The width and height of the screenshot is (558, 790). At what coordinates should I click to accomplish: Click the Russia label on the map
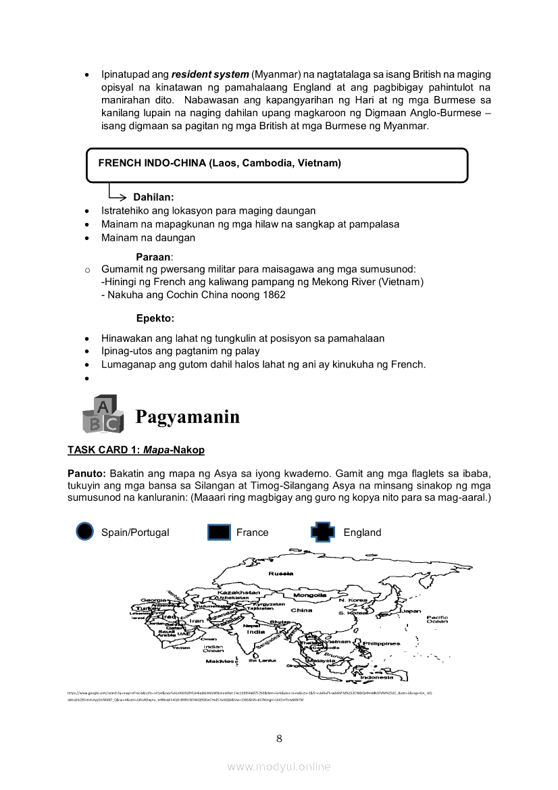point(281,573)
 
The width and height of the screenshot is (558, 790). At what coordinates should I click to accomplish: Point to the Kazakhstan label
point(239,593)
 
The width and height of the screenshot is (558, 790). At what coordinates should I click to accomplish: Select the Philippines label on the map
point(382,643)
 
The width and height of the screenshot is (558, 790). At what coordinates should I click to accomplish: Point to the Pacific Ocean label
point(437,619)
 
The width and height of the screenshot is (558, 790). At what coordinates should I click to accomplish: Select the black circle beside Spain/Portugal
point(84,532)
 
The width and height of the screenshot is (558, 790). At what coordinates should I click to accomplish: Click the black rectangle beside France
point(220,533)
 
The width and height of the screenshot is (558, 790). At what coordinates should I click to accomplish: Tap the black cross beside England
point(323,533)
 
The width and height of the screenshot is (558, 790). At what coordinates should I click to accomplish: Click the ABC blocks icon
point(102,414)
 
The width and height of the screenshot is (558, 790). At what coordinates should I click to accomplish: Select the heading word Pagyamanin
point(187,417)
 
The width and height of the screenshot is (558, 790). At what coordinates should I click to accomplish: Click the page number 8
point(279,738)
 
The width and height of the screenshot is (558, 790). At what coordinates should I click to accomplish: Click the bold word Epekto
point(155,318)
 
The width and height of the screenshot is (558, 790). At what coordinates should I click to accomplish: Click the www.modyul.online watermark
point(279,766)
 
